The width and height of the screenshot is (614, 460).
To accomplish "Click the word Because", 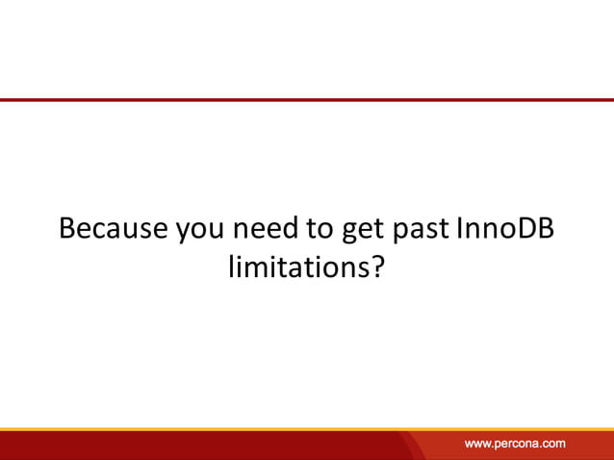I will pos(114,230).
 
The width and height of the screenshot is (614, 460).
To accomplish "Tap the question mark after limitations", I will pos(377,267).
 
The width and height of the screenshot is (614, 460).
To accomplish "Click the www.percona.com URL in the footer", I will pos(515,444).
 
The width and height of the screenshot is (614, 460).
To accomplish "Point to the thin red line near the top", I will pos(307,99).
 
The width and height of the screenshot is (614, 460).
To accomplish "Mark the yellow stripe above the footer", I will pos(307,429).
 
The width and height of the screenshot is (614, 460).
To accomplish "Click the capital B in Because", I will pos(67,230).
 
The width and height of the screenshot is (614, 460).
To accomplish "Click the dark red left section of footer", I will pos(192,446).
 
